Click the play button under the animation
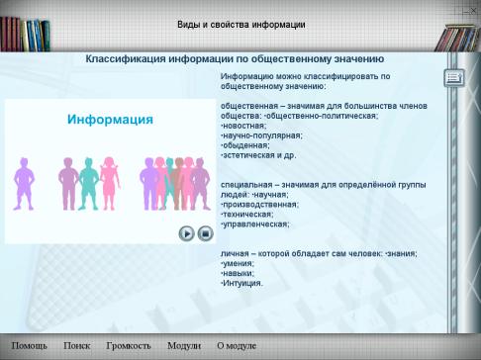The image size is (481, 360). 187,233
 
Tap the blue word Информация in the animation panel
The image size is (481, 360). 110,119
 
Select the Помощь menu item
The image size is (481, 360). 30,345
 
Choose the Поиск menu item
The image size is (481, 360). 77,345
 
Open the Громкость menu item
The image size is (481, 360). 129,345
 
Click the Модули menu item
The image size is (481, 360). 184,345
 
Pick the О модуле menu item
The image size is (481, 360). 237,345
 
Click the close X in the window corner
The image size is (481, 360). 473,11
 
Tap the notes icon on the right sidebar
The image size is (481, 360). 454,78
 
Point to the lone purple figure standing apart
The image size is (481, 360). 24,184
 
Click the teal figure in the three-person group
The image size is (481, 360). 88,184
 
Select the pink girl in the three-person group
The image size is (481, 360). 110,184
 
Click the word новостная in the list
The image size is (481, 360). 244,126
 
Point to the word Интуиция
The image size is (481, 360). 242,283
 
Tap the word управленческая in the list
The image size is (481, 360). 256,225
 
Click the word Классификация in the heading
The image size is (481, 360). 126,59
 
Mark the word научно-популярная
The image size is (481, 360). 262,135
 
